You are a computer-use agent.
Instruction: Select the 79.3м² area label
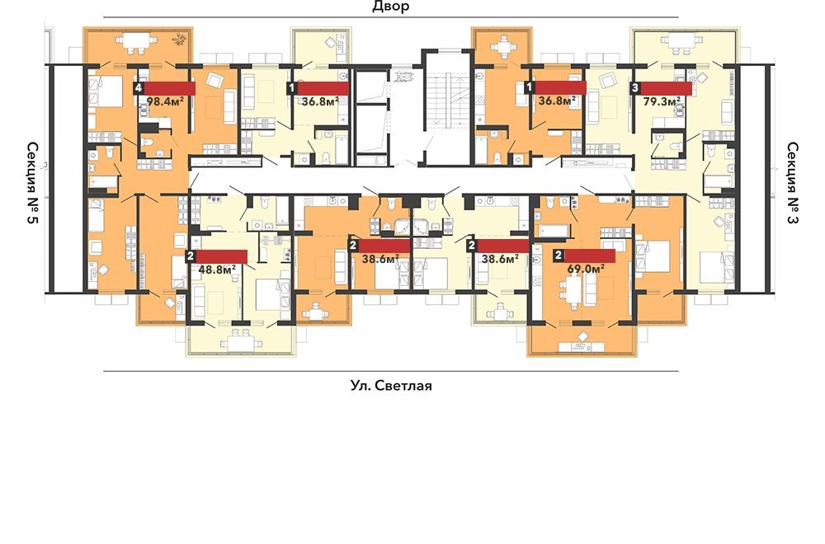tap(662, 101)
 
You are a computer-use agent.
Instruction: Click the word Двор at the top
tap(390, 7)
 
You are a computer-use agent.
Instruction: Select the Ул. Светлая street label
tap(391, 386)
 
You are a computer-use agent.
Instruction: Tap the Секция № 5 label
tap(33, 182)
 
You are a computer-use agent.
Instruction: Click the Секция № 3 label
tap(792, 182)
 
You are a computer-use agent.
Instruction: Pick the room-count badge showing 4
tap(139, 88)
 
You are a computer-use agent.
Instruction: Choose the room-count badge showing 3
tap(635, 88)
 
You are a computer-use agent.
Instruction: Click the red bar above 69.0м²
tap(589, 256)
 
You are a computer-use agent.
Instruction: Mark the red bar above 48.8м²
tap(221, 256)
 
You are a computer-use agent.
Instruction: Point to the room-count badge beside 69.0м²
tap(559, 256)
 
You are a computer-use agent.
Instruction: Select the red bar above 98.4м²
tap(169, 88)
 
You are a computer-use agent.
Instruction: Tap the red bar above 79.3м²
tap(666, 88)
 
